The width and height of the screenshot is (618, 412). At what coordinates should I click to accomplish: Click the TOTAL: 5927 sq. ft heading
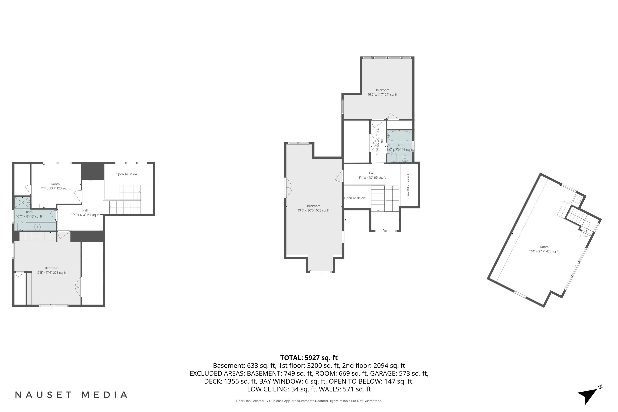(309, 358)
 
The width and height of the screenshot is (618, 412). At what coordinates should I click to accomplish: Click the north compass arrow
(589, 395)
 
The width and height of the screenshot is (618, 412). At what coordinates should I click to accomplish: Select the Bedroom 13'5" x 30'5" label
(314, 208)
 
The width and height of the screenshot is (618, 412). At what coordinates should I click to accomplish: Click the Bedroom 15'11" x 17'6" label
(51, 270)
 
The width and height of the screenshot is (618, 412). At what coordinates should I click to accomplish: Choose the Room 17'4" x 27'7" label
(544, 249)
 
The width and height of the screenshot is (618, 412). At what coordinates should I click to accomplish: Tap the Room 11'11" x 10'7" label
(55, 186)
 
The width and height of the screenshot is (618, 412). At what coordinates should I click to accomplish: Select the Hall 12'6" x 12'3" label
(85, 213)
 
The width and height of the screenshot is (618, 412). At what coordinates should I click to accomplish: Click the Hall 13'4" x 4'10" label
(371, 175)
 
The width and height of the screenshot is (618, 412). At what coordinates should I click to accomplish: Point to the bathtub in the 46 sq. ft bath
(399, 136)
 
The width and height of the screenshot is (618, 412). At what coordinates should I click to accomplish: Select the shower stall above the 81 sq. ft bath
(22, 202)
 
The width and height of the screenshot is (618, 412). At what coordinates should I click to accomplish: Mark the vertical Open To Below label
(408, 185)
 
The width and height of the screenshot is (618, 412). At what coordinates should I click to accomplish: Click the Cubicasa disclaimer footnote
(309, 401)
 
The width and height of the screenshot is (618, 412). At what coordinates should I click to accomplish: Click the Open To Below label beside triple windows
(126, 174)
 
